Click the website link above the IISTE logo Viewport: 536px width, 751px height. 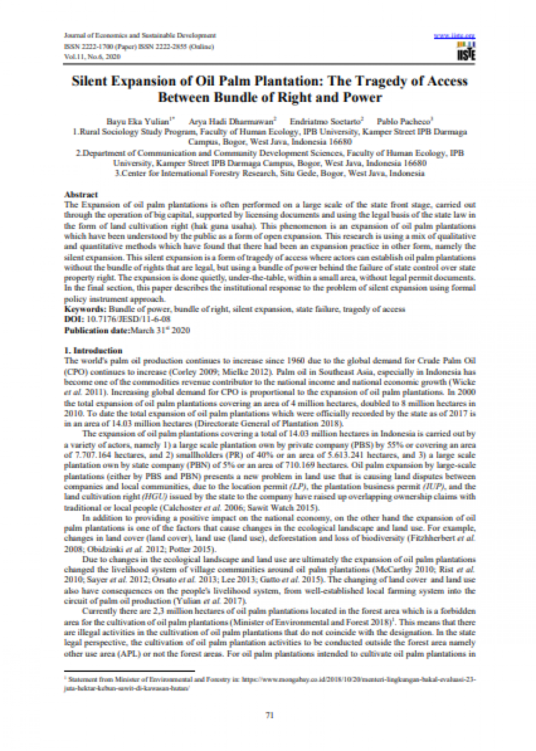(455, 36)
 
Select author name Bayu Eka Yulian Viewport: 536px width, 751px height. (137, 122)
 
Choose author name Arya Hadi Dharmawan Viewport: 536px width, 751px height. (230, 122)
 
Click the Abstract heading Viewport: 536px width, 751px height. (81, 195)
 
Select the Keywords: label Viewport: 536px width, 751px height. (85, 309)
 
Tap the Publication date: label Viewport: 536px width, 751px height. (96, 330)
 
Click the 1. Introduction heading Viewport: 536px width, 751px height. (93, 351)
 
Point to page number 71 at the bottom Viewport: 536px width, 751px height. (270, 715)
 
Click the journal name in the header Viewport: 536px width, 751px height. (140, 35)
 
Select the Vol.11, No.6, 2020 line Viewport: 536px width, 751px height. (92, 56)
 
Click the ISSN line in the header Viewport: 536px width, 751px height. (139, 46)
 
